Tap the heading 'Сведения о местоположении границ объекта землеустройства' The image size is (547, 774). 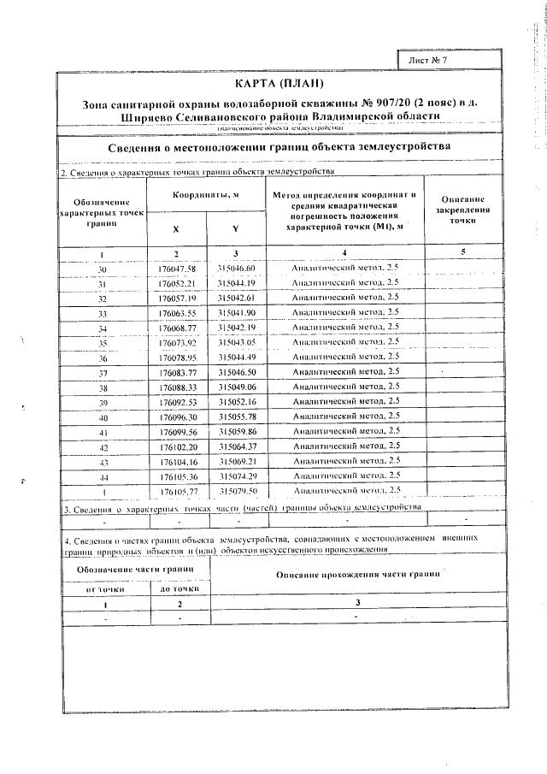(x=279, y=148)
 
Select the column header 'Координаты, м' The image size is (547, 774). (x=206, y=196)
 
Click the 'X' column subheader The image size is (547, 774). (x=176, y=229)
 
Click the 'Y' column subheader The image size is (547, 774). (x=235, y=229)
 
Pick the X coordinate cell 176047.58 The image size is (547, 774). (x=177, y=269)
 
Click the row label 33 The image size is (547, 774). (x=102, y=313)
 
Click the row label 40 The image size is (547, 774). (x=102, y=417)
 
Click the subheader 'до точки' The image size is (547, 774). (x=177, y=588)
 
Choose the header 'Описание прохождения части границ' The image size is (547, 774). (x=358, y=577)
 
